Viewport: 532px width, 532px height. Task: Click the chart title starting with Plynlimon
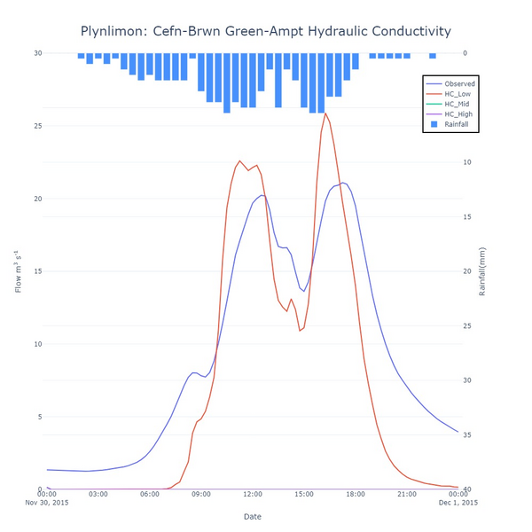point(265,31)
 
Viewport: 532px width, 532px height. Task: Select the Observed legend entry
point(459,84)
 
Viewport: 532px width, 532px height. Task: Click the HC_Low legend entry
point(458,94)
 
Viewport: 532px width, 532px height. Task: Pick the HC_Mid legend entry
point(458,105)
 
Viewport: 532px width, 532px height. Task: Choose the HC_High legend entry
point(458,114)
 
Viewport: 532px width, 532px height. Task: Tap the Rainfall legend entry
point(457,125)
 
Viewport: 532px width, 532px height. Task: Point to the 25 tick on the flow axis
point(37,126)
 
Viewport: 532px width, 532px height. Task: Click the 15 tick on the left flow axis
point(37,271)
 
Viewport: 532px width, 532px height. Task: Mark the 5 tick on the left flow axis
point(40,417)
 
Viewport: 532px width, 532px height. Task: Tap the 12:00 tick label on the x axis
point(253,494)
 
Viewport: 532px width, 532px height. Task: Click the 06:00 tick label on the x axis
point(150,494)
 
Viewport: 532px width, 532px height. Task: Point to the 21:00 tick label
point(406,494)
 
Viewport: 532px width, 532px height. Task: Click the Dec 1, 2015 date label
point(458,503)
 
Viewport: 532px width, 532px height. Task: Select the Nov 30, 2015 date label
point(47,503)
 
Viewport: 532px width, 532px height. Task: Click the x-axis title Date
point(253,516)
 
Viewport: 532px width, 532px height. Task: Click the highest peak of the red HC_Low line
point(325,113)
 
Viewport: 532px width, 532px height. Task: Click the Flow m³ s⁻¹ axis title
point(19,271)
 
